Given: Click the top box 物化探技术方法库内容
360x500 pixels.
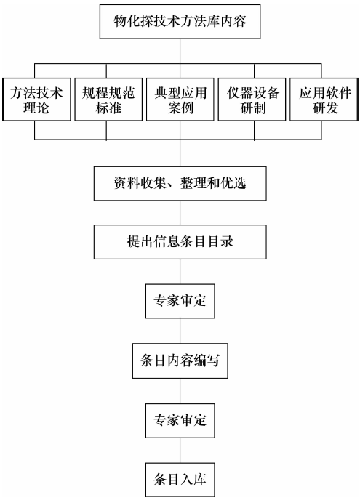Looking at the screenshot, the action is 180,22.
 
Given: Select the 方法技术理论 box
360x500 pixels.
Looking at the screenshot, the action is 36,100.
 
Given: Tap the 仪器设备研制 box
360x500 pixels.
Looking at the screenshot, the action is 252,100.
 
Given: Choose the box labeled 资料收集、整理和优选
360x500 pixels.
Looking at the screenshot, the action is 180,183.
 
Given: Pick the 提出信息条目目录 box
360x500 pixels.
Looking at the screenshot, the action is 180,242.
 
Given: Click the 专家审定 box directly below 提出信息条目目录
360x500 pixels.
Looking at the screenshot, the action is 180,301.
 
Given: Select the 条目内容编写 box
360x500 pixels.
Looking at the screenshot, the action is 180,360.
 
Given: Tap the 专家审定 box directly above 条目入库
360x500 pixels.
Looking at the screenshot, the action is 180,420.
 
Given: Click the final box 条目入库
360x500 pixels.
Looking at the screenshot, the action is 180,480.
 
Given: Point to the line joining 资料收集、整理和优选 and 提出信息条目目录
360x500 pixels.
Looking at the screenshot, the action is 180,213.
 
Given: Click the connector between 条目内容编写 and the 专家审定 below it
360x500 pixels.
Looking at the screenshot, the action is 180,391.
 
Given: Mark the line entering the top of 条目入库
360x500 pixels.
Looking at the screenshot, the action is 180,451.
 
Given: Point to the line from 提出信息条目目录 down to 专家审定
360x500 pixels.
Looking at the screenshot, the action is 180,272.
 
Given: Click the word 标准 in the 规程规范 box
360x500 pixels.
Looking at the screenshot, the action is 108,108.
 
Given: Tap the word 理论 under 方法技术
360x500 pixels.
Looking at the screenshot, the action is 36,108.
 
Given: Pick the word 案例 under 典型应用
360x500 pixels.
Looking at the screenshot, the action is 180,108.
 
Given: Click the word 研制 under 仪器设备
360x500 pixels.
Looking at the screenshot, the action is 253,108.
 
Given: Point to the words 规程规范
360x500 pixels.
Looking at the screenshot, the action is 108,93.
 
